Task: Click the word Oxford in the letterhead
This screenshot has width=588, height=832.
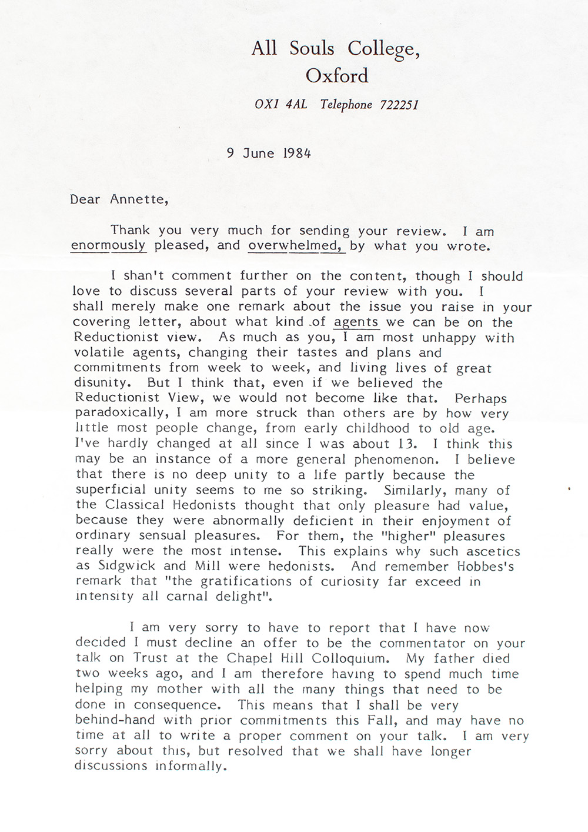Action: pos(337,76)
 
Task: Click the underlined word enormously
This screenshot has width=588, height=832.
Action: pos(108,245)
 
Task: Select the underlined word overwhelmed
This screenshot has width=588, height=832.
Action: pos(296,245)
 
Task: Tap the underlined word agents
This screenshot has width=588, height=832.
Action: pos(356,322)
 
